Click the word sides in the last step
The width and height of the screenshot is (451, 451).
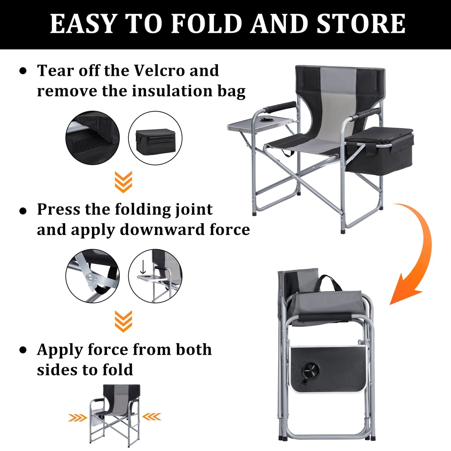point(57,370)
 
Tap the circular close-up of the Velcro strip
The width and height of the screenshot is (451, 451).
point(93,137)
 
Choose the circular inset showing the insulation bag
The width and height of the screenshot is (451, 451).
point(155,138)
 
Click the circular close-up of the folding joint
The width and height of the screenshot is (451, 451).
point(93,276)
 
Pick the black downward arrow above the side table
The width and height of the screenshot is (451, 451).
point(143,267)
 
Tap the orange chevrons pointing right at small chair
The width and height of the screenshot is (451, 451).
point(78,417)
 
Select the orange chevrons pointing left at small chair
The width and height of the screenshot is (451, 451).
point(152,416)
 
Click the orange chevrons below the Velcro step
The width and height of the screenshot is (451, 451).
point(123,182)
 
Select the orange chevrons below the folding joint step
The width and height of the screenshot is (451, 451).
point(123,321)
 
